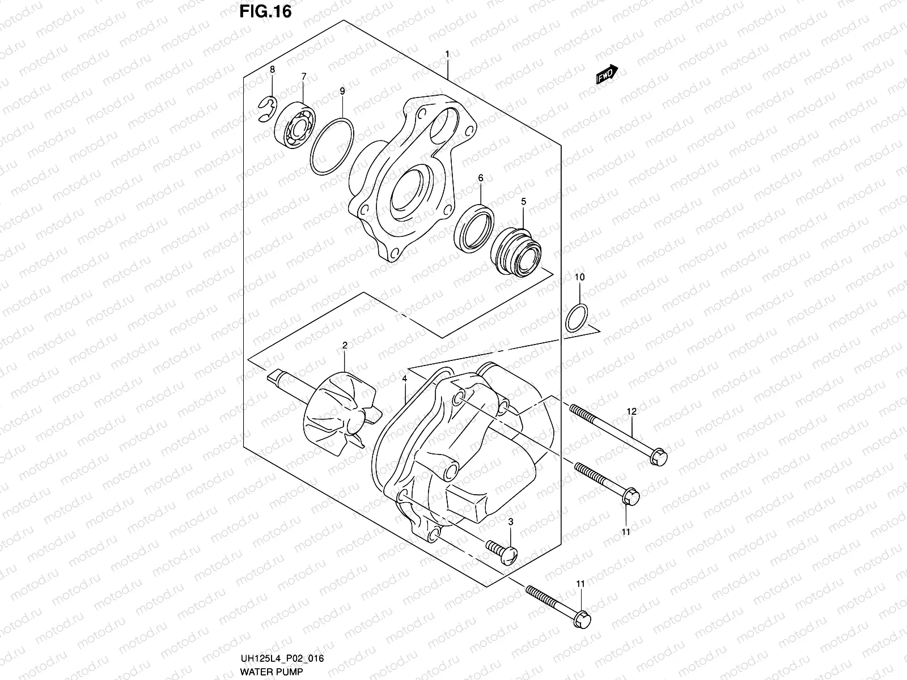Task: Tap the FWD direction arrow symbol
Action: click(x=606, y=75)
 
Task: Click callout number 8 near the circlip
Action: click(x=272, y=69)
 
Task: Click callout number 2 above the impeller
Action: click(x=344, y=345)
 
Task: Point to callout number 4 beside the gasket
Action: click(x=405, y=378)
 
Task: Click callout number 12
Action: click(x=631, y=411)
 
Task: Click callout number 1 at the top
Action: click(x=447, y=54)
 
